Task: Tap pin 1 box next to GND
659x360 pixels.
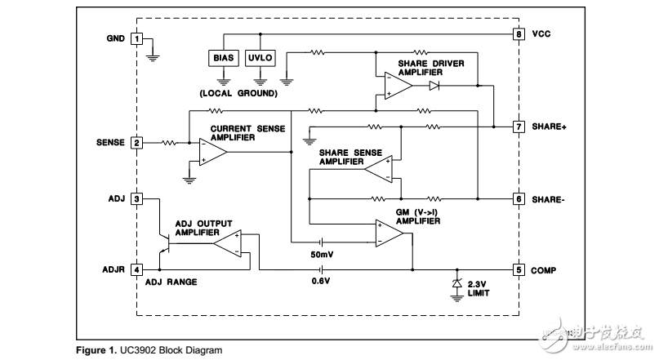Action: point(137,39)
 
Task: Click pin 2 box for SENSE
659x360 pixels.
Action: point(137,143)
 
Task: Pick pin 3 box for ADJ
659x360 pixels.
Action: point(137,198)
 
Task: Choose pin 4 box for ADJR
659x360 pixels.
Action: point(137,269)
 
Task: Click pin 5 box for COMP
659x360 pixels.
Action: point(519,269)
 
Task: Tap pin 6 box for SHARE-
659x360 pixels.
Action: point(519,198)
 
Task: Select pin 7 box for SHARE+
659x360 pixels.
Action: point(519,127)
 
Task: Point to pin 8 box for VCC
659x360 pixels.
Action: point(519,34)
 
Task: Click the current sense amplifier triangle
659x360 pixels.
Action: point(213,151)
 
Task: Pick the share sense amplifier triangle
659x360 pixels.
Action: point(378,168)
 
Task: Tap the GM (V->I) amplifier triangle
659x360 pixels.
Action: point(390,234)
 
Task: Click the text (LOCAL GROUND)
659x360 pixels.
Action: point(238,93)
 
